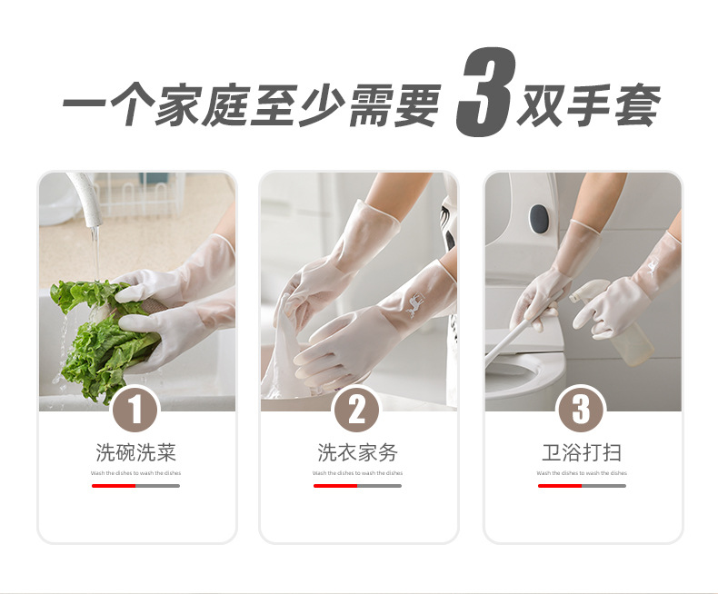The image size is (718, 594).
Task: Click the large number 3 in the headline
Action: click(484, 94)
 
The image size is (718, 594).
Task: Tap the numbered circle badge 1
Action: click(135, 411)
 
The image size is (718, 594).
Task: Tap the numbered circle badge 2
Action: click(357, 411)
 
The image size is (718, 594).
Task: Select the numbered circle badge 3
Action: click(581, 411)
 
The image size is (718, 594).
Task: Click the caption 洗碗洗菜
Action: click(135, 452)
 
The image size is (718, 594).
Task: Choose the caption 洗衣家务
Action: click(357, 452)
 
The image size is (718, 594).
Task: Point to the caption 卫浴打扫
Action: click(582, 452)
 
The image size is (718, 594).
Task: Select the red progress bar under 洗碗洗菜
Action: click(114, 486)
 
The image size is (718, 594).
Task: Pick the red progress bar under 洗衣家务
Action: click(335, 486)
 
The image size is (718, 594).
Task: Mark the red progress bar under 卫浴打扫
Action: click(560, 486)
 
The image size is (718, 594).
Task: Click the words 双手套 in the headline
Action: click(587, 108)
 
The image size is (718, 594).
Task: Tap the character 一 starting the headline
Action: click(84, 108)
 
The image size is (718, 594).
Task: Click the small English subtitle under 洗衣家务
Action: click(357, 473)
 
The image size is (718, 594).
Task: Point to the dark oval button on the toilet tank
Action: click(539, 217)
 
